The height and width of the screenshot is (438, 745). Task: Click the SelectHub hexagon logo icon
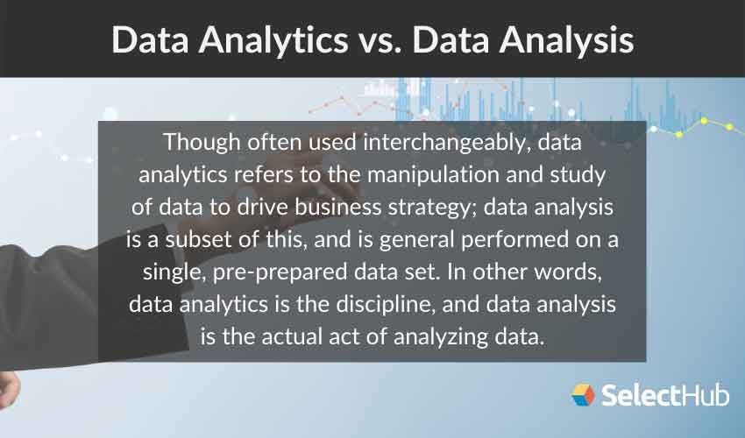coord(583,395)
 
